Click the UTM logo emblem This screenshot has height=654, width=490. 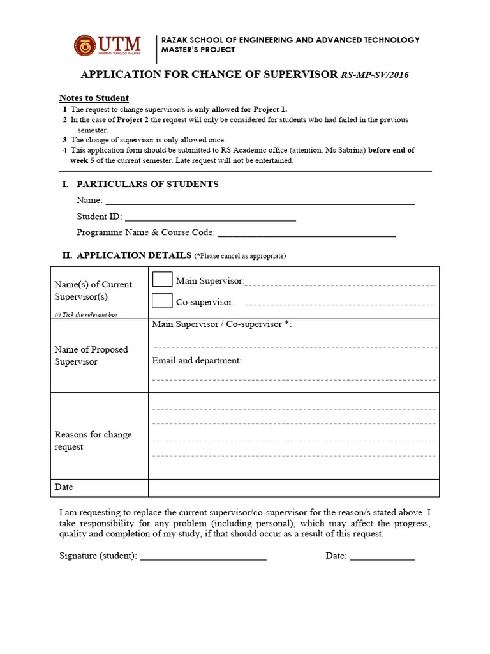pos(85,45)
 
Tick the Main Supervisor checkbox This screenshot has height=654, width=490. pos(163,279)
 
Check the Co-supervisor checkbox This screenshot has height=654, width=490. pos(163,300)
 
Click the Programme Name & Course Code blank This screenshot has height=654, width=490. pos(306,234)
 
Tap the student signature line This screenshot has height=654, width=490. pos(203,558)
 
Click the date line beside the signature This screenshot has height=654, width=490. pos(382,558)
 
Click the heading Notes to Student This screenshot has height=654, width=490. pos(94,98)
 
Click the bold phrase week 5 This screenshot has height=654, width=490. pos(83,160)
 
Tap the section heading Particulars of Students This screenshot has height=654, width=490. pos(147,184)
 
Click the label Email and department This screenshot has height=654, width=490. pos(197,360)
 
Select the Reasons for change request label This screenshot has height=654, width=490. pos(93,441)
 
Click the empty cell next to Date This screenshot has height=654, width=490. pos(293,487)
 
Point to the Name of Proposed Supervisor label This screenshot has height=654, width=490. pos(91,355)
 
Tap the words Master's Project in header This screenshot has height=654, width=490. pos(198,50)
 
